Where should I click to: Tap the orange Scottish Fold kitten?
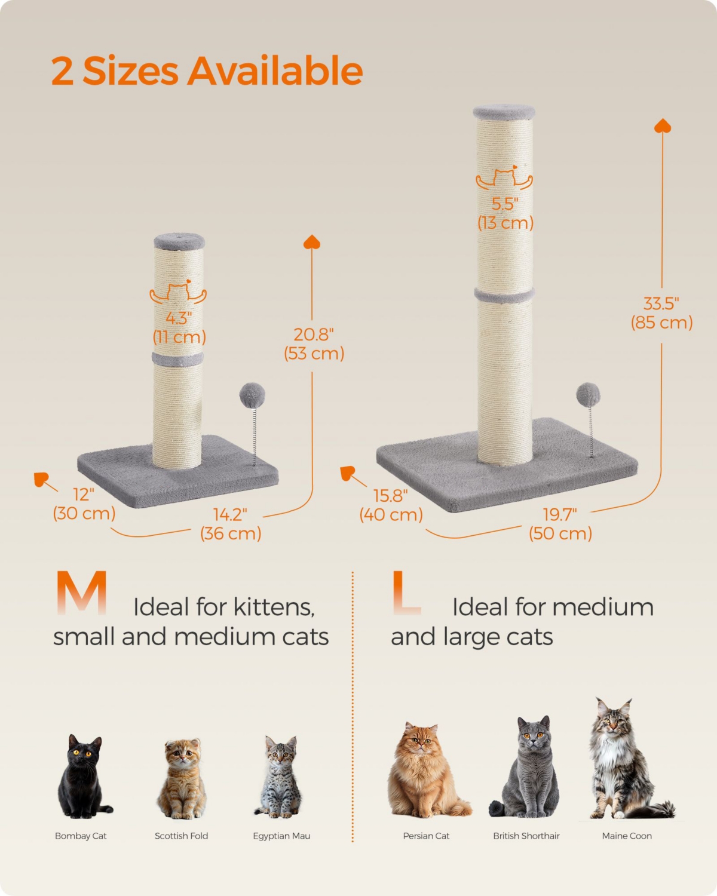coord(182,780)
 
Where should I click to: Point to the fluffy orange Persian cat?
coord(425,772)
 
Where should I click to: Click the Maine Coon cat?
coord(624,762)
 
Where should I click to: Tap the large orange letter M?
coord(82,593)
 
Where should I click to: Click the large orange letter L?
coord(406,593)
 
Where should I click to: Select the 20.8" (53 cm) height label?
coord(314,343)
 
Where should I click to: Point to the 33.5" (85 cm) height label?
coord(661,313)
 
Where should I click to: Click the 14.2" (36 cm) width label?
coord(231,524)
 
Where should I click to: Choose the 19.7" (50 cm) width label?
coord(560,524)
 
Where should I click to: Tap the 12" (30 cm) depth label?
coord(84,504)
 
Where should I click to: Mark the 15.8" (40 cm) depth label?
coord(391,505)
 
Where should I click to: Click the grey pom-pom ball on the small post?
coord(252,395)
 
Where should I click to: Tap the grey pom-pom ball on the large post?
coord(588,395)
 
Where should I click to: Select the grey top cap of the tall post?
coord(504,112)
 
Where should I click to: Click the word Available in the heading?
coord(275,71)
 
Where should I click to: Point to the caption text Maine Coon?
coord(627,836)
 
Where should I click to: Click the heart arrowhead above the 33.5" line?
coord(663,125)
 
